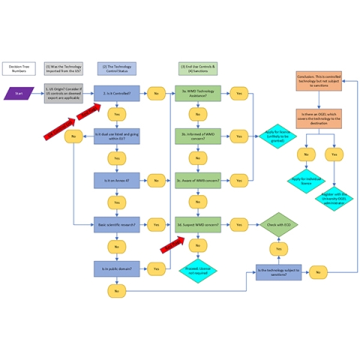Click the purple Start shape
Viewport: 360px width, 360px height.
pyautogui.click(x=19, y=94)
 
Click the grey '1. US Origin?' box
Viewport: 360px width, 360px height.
pyautogui.click(x=64, y=94)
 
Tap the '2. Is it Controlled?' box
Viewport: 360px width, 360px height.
pyautogui.click(x=116, y=94)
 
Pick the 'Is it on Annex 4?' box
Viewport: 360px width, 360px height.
pyautogui.click(x=116, y=180)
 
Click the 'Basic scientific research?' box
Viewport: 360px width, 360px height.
pyautogui.click(x=116, y=223)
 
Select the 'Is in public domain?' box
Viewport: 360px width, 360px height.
pyautogui.click(x=116, y=268)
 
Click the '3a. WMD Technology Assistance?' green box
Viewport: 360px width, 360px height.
pyautogui.click(x=198, y=94)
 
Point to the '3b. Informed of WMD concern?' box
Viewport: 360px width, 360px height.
pyautogui.click(x=198, y=136)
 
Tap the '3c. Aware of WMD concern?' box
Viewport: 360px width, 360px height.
pyautogui.click(x=198, y=180)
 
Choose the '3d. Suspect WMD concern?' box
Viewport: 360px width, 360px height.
pyautogui.click(x=198, y=223)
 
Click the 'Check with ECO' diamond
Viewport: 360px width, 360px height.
pyautogui.click(x=278, y=223)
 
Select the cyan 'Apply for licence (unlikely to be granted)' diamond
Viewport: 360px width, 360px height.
pyautogui.click(x=278, y=136)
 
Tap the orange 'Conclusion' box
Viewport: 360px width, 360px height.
pyautogui.click(x=319, y=81)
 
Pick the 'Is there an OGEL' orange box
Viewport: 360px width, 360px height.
pyautogui.click(x=319, y=118)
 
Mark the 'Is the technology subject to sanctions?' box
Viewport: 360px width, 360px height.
pyautogui.click(x=278, y=272)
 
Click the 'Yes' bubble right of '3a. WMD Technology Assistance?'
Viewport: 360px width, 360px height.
pyautogui.click(x=239, y=94)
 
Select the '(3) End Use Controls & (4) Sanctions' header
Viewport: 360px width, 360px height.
pyautogui.click(x=198, y=68)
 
